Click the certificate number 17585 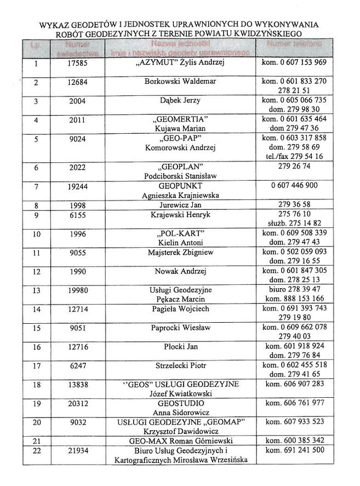coord(77,63)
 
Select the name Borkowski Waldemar coord(180,82)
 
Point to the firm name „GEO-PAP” coord(180,138)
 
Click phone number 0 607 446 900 coord(294,186)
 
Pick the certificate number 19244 coord(77,186)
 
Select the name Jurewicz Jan coord(180,205)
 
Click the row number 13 coord(37,290)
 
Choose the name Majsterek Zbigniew coord(180,253)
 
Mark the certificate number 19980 coord(77,290)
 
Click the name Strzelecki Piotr coord(180,365)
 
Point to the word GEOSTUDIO coord(180,403)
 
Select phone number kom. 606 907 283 coord(294,384)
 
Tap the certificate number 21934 coord(77,450)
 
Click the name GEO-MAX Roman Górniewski coord(180,441)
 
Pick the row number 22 coord(37,450)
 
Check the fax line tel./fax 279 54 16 coord(294,156)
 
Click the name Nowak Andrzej coord(180,271)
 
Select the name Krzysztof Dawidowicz coord(180,431)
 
